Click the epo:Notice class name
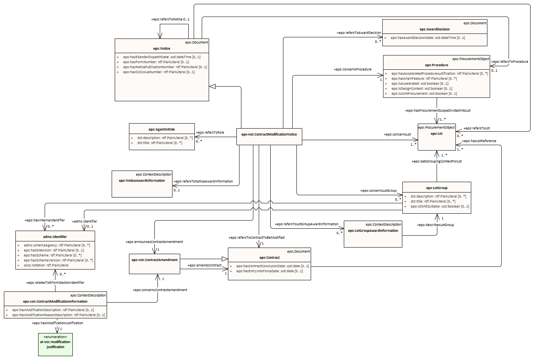click(162, 49)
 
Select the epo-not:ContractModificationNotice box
click(269, 134)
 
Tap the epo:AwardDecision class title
click(434, 29)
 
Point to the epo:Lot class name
click(437, 134)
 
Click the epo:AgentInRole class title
click(162, 129)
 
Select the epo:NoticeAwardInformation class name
click(142, 181)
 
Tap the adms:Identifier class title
click(55, 237)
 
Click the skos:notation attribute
click(46, 265)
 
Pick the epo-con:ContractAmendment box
click(154, 260)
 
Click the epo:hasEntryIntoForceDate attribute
click(270, 271)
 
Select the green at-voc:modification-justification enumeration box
click(55, 344)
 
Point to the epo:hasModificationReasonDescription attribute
click(58, 315)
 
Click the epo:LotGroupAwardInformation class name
click(373, 231)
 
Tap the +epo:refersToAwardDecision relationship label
click(359, 33)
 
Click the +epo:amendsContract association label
click(204, 265)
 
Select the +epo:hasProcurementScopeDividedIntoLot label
click(437, 111)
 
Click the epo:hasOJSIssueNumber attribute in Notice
click(159, 72)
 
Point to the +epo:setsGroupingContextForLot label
click(436, 161)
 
